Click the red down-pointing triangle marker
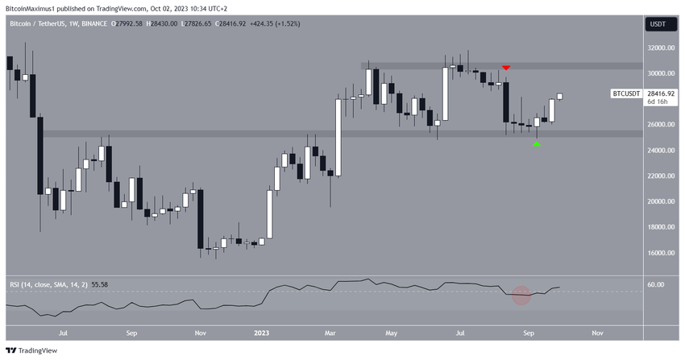point(505,68)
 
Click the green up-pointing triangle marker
point(537,143)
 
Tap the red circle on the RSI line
point(521,296)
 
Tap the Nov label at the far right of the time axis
point(596,331)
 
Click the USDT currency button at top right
point(657,25)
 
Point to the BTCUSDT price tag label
point(626,94)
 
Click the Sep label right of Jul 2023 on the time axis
point(529,331)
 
